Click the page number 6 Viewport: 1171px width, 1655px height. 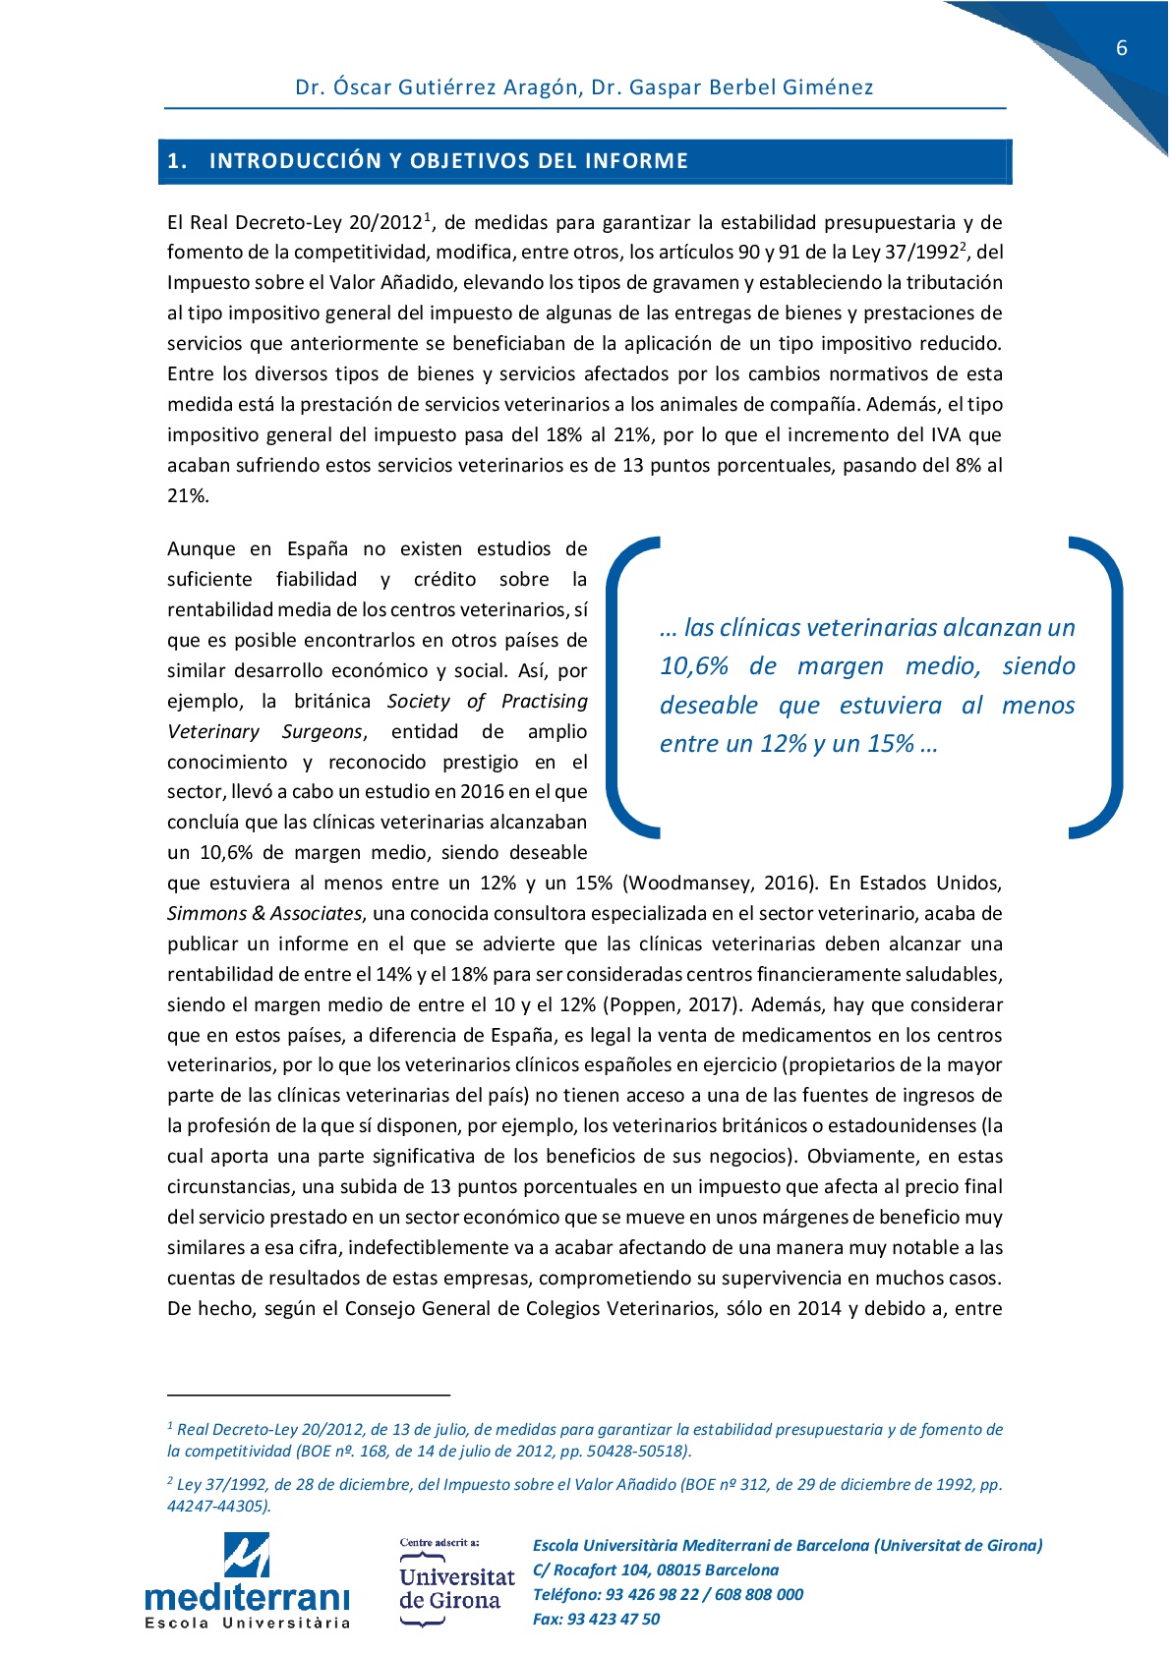pos(1122,48)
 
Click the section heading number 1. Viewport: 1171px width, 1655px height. pos(175,161)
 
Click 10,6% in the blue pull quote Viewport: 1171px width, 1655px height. pos(694,666)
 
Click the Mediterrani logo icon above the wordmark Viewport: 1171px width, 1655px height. pos(247,1556)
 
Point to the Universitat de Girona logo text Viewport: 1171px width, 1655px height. pos(456,1589)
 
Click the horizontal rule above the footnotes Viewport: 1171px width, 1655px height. pos(308,1394)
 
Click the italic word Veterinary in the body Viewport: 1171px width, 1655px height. pos(213,731)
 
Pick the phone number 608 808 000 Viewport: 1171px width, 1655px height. pos(759,1594)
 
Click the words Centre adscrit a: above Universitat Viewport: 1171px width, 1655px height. pos(439,1542)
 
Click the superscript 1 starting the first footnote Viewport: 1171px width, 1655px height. pos(170,1426)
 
